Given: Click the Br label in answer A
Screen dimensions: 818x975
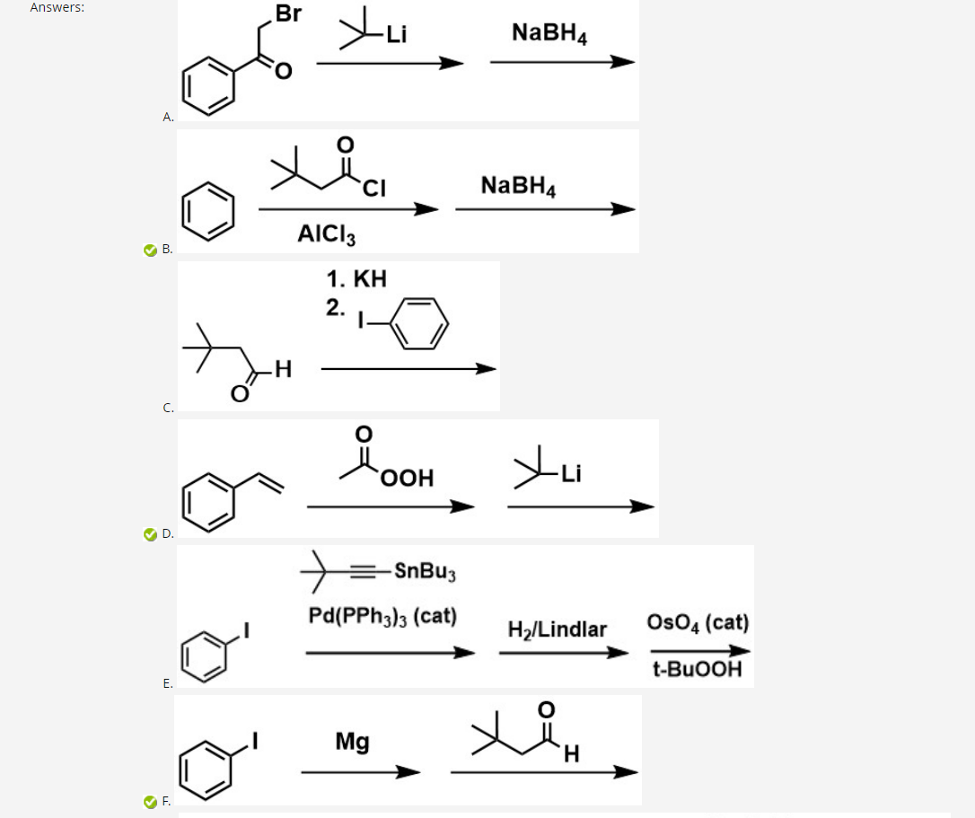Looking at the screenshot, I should (x=289, y=14).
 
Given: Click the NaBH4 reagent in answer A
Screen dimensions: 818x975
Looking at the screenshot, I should (x=549, y=33).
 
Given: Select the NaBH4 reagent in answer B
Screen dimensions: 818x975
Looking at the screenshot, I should (x=518, y=186).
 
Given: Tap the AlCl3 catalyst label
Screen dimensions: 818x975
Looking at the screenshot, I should (x=326, y=235).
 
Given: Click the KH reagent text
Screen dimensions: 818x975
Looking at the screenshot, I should (x=357, y=278).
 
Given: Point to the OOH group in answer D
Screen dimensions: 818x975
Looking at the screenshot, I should (x=407, y=478).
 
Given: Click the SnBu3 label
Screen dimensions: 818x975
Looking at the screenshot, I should (x=426, y=570).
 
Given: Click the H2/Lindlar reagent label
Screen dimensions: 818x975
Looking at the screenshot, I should (x=557, y=629).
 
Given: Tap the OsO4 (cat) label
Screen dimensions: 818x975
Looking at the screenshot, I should (x=698, y=622).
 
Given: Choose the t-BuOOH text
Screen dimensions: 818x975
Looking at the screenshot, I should (x=698, y=670).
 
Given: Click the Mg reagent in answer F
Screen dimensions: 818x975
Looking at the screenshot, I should (x=352, y=742).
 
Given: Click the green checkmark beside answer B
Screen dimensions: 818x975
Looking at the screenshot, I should (x=150, y=250).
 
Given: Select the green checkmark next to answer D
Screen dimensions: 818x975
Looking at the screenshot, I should (x=150, y=535).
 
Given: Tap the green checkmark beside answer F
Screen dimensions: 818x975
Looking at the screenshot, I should (x=150, y=801).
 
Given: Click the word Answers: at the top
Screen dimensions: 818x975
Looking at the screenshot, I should (x=57, y=7).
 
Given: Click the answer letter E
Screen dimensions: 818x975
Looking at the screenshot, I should (x=167, y=683).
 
